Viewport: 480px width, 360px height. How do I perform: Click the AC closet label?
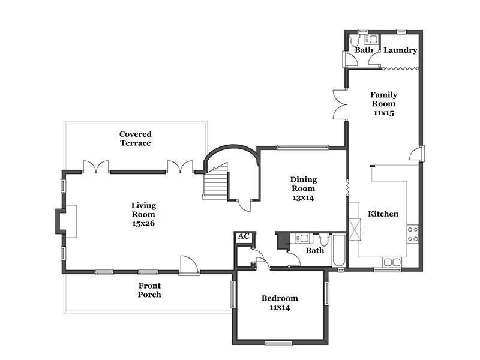pos(244,236)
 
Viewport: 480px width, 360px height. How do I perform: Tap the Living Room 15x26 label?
pos(143,214)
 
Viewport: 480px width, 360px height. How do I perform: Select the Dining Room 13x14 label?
pos(303,188)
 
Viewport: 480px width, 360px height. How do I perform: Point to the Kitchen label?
pos(383,214)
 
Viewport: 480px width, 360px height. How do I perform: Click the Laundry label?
pos(400,50)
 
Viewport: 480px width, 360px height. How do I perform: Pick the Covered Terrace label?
pos(136,139)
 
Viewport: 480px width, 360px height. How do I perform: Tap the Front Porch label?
pos(149,290)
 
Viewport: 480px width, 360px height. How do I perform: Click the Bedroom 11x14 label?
pos(280,302)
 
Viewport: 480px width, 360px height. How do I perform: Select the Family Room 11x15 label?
pos(383,103)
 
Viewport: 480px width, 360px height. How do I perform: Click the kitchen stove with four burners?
pos(412,234)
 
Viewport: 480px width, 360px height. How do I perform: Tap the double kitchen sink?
pos(392,262)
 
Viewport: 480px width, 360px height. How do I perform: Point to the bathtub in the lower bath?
pos(339,250)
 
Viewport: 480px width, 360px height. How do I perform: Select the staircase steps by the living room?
pos(215,185)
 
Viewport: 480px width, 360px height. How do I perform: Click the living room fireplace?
pos(66,221)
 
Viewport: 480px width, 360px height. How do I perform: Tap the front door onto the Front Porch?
pos(189,265)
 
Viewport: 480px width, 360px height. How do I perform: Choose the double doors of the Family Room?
pos(340,104)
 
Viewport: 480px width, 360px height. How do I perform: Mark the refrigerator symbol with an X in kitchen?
pos(355,229)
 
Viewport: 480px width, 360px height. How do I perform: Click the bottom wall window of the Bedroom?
pos(279,343)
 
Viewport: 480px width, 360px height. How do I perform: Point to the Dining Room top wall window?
pos(303,147)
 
